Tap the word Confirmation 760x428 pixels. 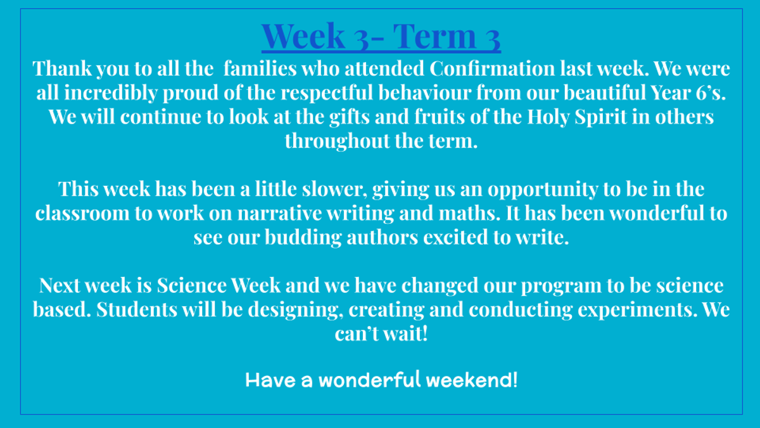(x=492, y=68)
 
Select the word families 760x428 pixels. (x=260, y=68)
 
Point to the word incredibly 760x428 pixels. (x=111, y=93)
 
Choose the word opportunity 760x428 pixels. (x=543, y=190)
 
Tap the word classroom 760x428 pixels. (x=82, y=213)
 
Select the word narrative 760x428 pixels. (x=279, y=213)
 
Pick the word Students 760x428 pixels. (x=137, y=309)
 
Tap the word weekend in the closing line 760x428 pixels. (x=472, y=380)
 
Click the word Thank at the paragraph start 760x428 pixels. (x=62, y=68)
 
